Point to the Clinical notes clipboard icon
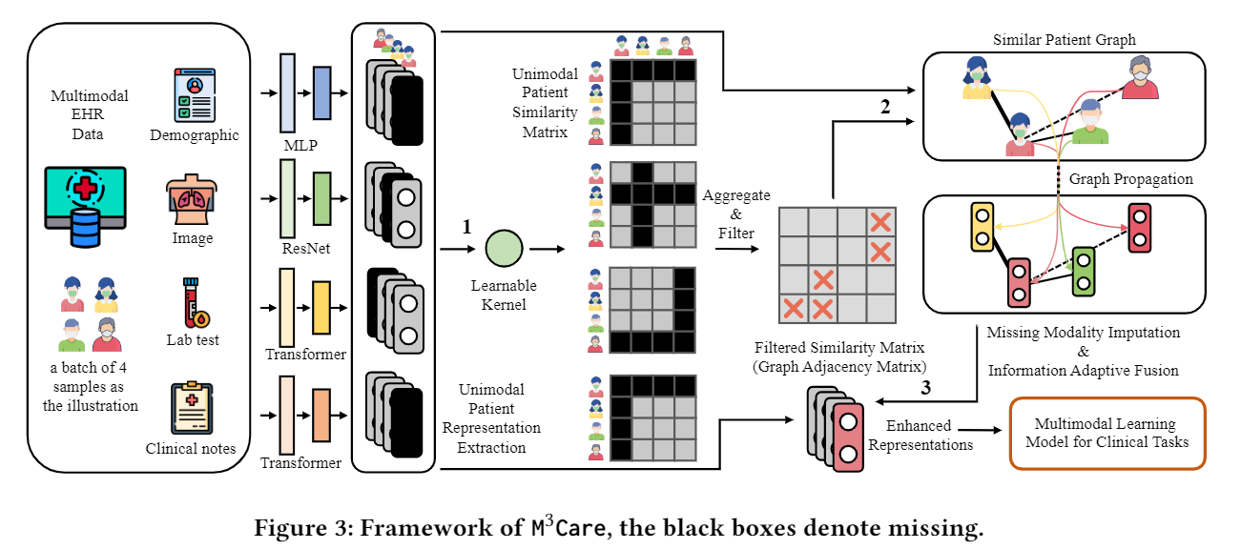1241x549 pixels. (x=192, y=408)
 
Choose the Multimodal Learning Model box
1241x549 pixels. (x=1107, y=433)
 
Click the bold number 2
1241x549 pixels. (x=886, y=106)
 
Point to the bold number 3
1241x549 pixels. (x=924, y=388)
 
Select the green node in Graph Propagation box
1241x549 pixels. (x=1082, y=270)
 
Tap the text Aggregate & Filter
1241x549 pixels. (x=735, y=213)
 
